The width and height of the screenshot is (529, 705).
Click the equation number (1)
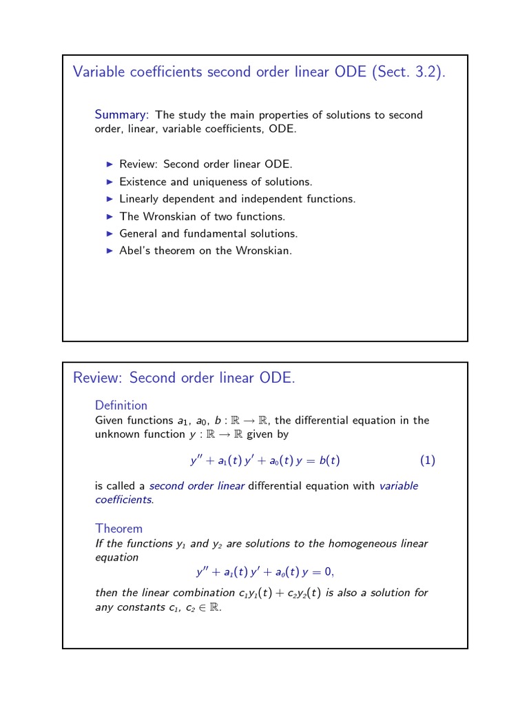pyautogui.click(x=427, y=461)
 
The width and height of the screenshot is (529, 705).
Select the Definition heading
pyautogui.click(x=121, y=405)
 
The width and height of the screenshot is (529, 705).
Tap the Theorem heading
pyautogui.click(x=118, y=528)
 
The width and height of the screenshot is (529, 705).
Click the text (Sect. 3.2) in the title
pyautogui.click(x=408, y=72)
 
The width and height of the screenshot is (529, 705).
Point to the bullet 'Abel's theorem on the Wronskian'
pyautogui.click(x=205, y=251)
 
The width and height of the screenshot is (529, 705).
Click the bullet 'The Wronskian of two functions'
pyautogui.click(x=202, y=216)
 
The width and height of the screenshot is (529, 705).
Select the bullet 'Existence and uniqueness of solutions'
pyautogui.click(x=216, y=182)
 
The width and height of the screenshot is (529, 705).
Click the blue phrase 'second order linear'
pyautogui.click(x=197, y=485)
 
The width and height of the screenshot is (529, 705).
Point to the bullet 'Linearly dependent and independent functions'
pyautogui.click(x=237, y=199)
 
